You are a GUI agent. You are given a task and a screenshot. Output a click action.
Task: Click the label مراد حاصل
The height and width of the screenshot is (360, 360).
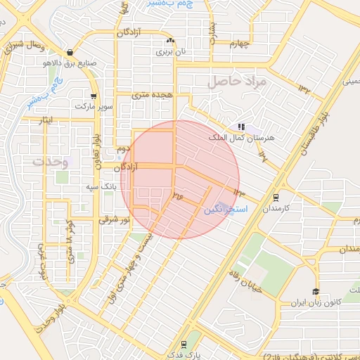coord(234,82)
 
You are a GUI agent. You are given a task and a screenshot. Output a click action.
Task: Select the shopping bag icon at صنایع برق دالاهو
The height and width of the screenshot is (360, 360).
coord(69,52)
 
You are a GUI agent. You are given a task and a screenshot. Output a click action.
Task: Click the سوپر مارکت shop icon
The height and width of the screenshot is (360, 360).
coord(93,96)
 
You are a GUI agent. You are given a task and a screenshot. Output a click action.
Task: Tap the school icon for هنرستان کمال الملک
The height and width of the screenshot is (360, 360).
coord(241,127)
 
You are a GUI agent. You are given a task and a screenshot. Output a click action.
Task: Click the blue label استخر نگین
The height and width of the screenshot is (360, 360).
coord(220,210)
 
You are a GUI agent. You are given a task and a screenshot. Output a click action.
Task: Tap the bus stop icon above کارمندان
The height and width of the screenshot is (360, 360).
coord(276,198)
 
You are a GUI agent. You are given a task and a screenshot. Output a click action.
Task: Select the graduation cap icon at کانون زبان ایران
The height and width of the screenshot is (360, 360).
coord(316,292)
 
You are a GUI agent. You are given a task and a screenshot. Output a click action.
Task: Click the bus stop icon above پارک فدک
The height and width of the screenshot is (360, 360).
coord(184,344)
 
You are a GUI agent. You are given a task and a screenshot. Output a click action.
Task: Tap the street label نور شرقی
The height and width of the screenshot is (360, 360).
coord(115,219)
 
